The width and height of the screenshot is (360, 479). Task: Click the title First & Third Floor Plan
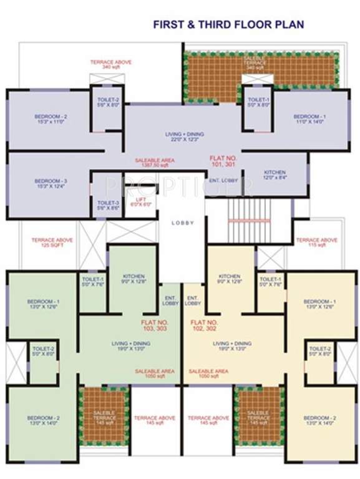tap(229, 25)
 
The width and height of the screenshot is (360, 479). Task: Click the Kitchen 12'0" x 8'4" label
tap(275, 175)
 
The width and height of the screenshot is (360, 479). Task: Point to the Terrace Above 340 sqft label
tap(109, 65)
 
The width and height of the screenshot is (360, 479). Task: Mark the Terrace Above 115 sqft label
tap(316, 243)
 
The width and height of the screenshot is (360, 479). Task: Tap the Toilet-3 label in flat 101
tap(108, 205)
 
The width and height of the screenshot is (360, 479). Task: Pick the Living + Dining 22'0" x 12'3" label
tap(185, 137)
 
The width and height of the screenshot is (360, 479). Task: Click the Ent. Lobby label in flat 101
tap(221, 180)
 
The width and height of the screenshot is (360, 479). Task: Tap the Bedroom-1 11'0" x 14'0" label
tap(309, 120)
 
